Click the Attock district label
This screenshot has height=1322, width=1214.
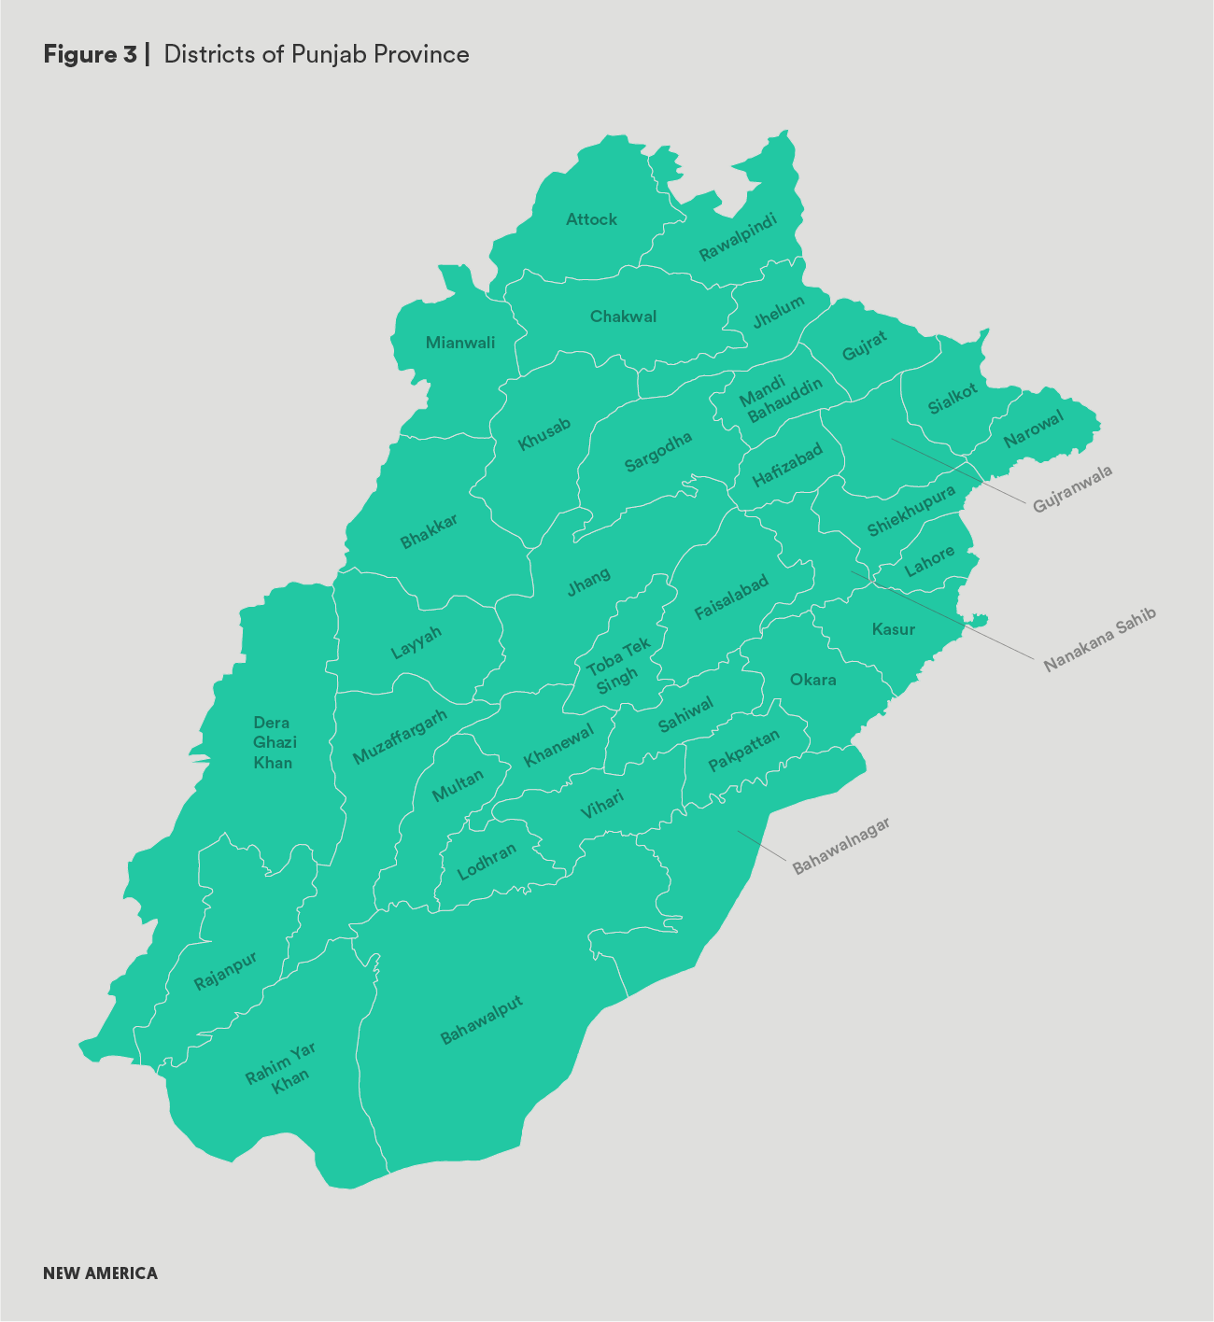pyautogui.click(x=591, y=219)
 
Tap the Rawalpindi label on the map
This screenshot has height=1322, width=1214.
pyautogui.click(x=738, y=237)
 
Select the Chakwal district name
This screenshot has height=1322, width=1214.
pyautogui.click(x=623, y=316)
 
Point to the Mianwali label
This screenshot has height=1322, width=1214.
pyautogui.click(x=460, y=343)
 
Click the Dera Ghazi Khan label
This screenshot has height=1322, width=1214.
pyautogui.click(x=273, y=742)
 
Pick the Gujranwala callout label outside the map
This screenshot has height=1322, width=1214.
pyautogui.click(x=1073, y=489)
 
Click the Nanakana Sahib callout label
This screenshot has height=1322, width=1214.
pyautogui.click(x=1099, y=640)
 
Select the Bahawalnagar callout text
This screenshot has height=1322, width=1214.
pyautogui.click(x=840, y=846)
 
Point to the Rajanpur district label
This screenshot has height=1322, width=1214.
pyautogui.click(x=225, y=971)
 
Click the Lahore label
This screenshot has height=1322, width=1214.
pyautogui.click(x=929, y=561)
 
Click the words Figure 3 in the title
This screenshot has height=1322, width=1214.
pyautogui.click(x=90, y=54)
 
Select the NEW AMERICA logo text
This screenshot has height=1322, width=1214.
pyautogui.click(x=100, y=1273)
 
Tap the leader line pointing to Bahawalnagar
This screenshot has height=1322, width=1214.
pyautogui.click(x=762, y=845)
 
